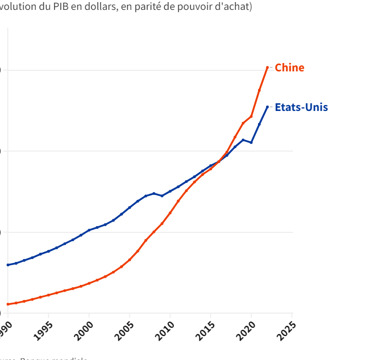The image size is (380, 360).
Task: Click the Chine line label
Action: click(x=289, y=68)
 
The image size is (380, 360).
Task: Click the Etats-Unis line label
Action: click(x=301, y=107)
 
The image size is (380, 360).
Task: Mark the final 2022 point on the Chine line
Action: click(x=267, y=67)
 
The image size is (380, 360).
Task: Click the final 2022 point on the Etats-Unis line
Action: click(x=267, y=107)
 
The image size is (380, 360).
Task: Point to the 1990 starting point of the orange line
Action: click(x=8, y=304)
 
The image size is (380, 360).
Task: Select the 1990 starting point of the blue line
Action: click(x=8, y=265)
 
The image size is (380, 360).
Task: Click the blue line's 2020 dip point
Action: click(x=251, y=142)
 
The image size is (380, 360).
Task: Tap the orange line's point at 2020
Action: click(x=251, y=116)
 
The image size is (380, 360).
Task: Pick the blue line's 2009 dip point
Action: click(x=162, y=196)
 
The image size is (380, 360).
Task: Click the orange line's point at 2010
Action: click(x=170, y=213)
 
